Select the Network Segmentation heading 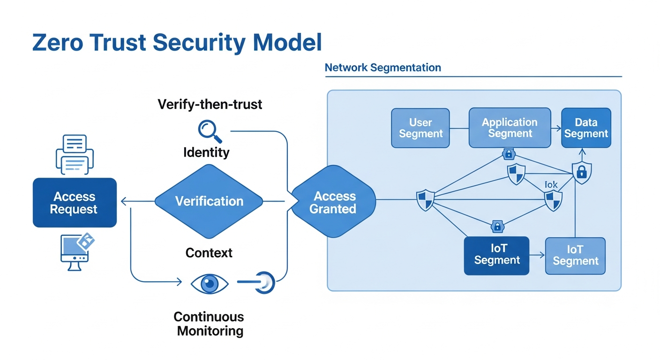382,67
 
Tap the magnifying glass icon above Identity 210,131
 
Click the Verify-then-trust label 210,104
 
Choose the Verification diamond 209,202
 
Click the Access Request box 75,202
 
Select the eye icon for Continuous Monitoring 210,283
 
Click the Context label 209,253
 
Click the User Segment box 420,128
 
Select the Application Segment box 510,128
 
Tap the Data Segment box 586,128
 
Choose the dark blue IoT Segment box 496,255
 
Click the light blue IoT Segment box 575,255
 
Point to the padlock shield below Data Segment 582,172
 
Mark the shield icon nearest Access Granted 425,200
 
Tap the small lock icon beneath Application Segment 509,154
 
